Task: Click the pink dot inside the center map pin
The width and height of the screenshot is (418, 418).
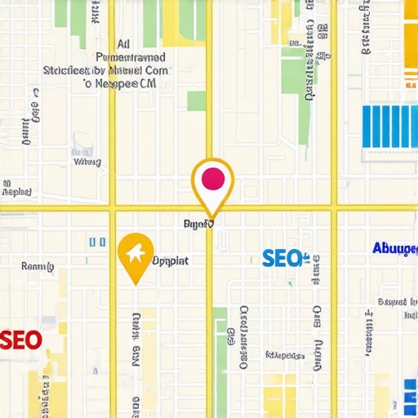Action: pos(211,177)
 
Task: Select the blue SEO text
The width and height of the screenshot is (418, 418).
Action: pos(282,259)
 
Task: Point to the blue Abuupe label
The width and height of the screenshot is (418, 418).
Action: pos(394,248)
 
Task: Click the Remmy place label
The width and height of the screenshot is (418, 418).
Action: pos(37,266)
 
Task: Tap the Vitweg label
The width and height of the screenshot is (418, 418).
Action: pos(87,161)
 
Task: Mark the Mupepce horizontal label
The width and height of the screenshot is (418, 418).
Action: pos(286,355)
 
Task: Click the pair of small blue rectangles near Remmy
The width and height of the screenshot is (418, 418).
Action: pos(97,242)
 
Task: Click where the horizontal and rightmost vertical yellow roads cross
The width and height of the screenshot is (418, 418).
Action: pos(333,207)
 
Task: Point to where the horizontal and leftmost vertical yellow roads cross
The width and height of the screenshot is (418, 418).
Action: pos(112,207)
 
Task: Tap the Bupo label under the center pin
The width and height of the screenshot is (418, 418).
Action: pos(198,222)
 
